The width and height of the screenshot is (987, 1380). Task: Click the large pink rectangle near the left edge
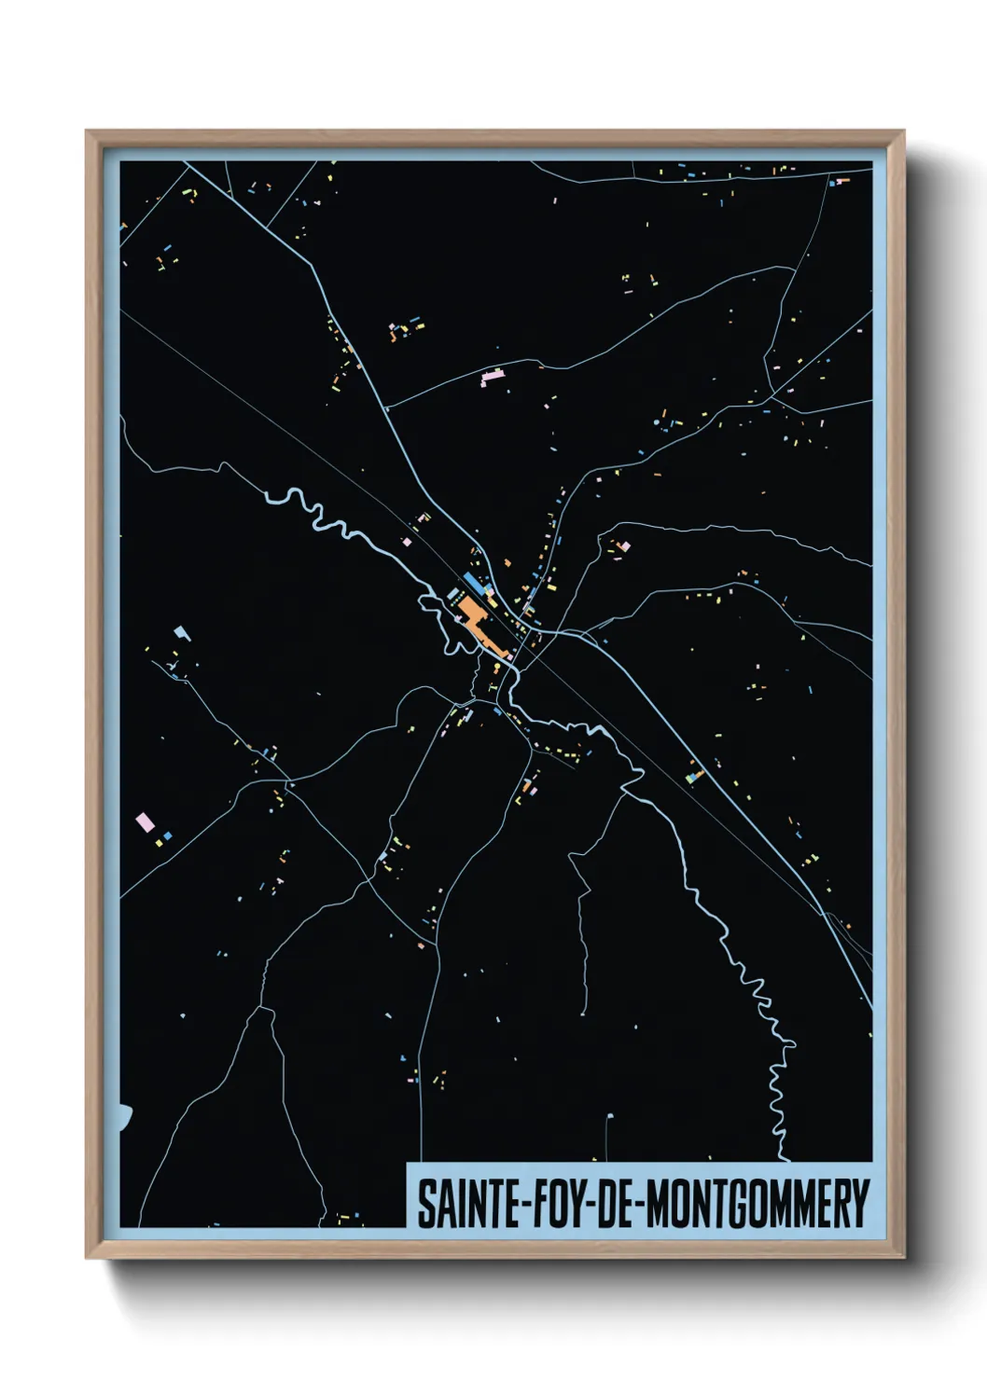click(x=145, y=822)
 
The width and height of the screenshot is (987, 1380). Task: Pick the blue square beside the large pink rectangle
click(x=168, y=835)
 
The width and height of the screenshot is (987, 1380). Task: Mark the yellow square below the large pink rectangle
click(x=159, y=843)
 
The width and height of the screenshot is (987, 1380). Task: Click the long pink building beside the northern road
click(x=492, y=377)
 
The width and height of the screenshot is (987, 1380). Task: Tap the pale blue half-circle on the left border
click(x=125, y=1116)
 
